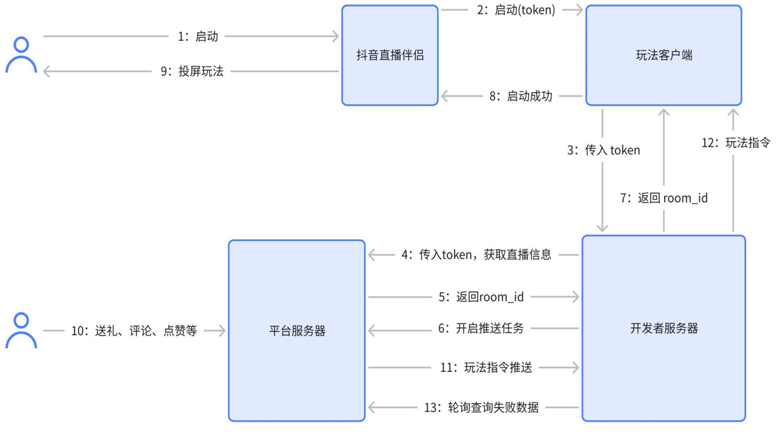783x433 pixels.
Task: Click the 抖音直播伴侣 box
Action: point(390,55)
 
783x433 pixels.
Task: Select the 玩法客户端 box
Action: point(664,55)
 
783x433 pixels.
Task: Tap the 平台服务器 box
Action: point(297,330)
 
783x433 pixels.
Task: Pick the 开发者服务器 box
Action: point(664,328)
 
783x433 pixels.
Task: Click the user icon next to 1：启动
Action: point(21,55)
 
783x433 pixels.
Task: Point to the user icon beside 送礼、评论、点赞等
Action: point(21,330)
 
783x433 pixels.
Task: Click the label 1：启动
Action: point(198,36)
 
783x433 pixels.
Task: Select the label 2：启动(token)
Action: point(516,10)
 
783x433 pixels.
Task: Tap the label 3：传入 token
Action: point(604,150)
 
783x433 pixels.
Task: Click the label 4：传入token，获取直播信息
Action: point(476,254)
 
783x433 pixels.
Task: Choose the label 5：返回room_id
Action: point(481,297)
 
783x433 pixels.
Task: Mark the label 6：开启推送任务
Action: point(481,328)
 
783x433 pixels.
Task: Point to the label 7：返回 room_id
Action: point(664,198)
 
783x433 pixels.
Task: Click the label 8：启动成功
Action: point(521,96)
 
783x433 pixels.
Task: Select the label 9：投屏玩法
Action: point(192,71)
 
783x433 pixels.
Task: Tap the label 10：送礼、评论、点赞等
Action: point(135,330)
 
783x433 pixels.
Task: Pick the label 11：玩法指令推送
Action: point(486,367)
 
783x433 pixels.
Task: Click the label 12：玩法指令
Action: point(736,142)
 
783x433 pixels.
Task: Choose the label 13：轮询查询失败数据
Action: point(481,407)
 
